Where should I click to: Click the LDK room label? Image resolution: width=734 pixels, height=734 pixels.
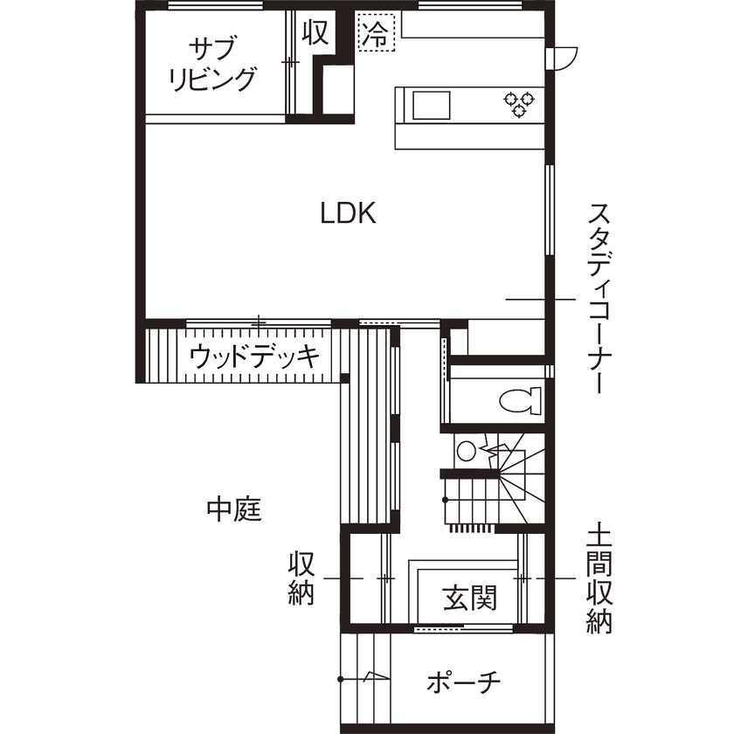348,213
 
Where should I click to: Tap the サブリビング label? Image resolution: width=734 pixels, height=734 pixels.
212,63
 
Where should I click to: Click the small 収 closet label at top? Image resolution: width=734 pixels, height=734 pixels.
315,32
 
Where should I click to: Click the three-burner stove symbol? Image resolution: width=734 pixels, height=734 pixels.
516,103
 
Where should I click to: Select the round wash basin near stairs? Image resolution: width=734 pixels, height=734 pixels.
467,451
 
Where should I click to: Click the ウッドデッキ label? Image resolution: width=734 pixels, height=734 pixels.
253,357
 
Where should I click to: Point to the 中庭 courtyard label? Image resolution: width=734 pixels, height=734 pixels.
234,508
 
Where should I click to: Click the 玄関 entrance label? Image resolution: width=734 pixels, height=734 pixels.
469,599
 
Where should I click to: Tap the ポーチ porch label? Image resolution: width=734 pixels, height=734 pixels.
463,682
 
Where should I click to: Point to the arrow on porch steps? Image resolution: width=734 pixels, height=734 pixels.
374,676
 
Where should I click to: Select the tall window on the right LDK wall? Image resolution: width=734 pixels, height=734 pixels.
550,210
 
